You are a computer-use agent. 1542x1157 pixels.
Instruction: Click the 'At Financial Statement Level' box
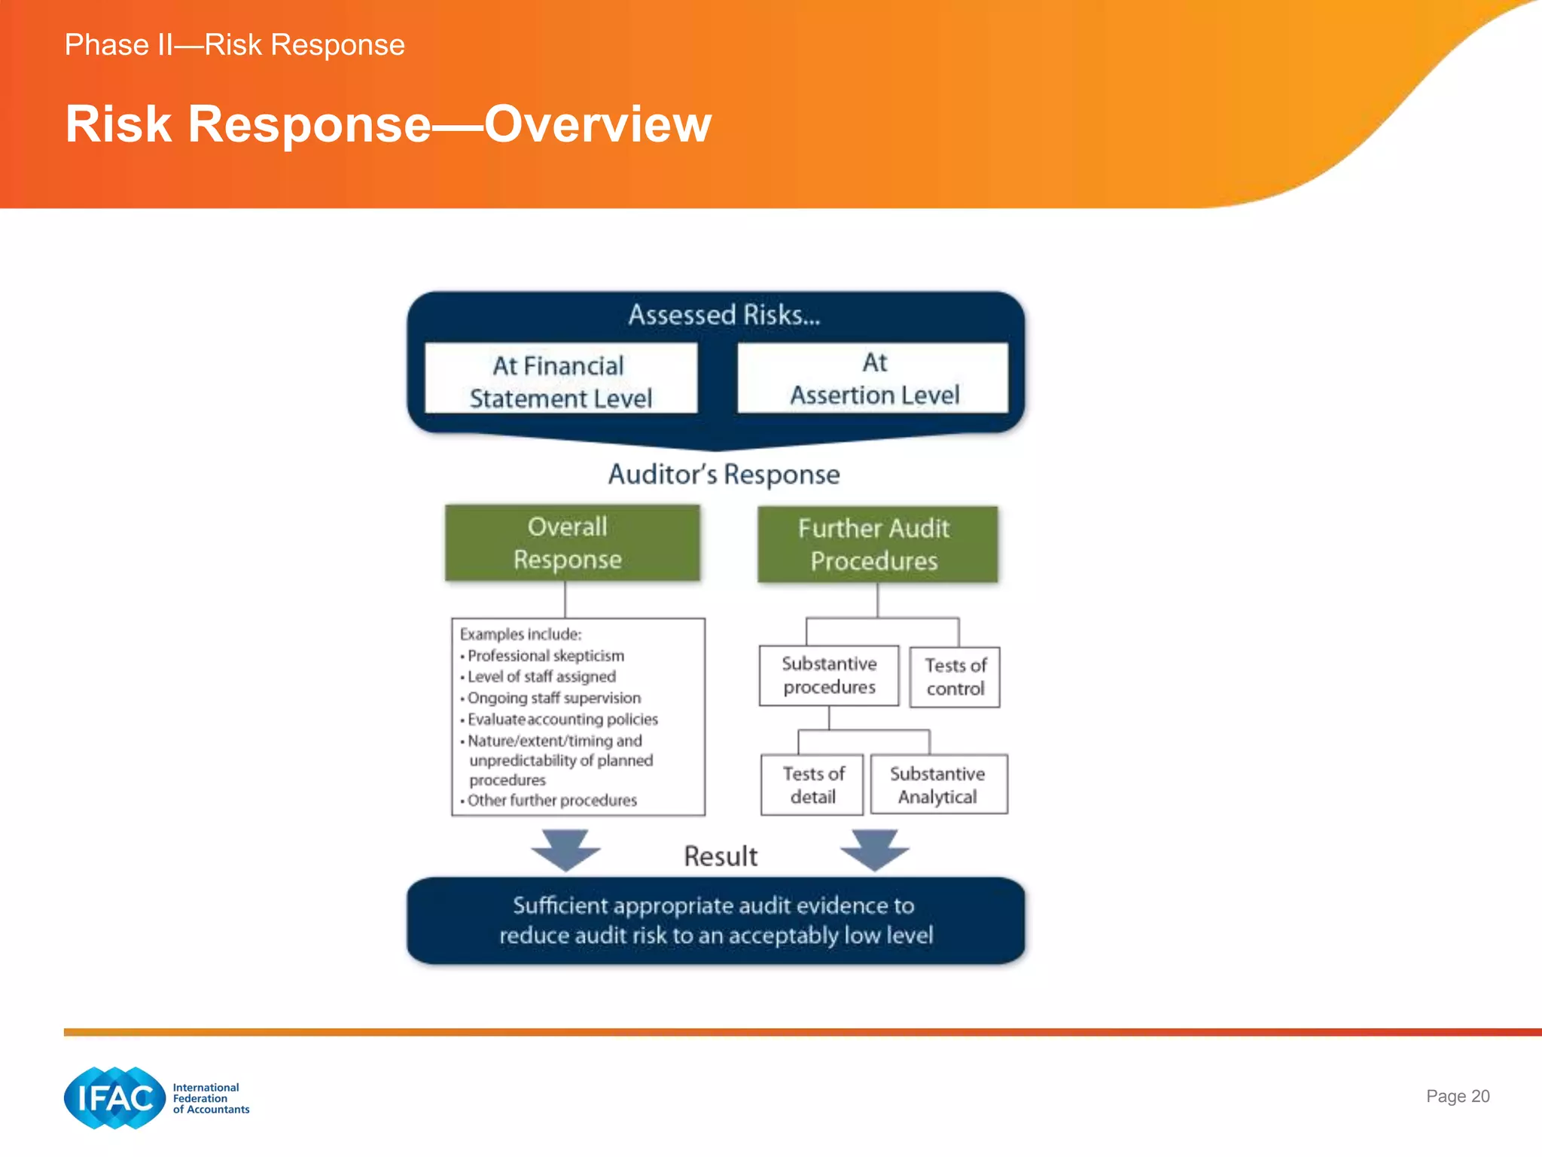tap(561, 379)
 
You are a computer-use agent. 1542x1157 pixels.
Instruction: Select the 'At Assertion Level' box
tap(873, 378)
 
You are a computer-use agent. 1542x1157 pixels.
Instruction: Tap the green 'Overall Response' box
tap(572, 543)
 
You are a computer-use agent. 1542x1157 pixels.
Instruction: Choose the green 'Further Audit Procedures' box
tap(877, 545)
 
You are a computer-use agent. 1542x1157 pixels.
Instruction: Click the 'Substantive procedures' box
tap(829, 676)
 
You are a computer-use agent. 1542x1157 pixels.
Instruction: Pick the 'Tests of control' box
tap(955, 677)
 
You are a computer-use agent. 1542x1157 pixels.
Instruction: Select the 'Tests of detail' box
tap(812, 785)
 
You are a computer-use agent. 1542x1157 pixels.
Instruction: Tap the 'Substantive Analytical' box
tap(938, 785)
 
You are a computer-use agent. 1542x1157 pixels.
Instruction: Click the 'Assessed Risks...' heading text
tap(724, 315)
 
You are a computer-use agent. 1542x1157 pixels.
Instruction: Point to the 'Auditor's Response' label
tap(724, 475)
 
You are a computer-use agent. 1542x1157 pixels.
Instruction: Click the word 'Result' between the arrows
tap(721, 856)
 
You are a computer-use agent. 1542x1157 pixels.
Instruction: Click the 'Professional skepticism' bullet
tap(545, 656)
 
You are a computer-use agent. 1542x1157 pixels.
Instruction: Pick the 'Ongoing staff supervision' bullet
tap(553, 698)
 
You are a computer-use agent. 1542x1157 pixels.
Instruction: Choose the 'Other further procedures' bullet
tap(551, 801)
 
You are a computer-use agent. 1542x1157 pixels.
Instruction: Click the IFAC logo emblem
tap(114, 1098)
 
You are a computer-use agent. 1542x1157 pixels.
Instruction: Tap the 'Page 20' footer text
tap(1457, 1097)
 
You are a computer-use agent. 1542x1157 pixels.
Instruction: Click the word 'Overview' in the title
tap(597, 124)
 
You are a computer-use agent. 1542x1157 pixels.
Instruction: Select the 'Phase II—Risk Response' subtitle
tap(234, 45)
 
